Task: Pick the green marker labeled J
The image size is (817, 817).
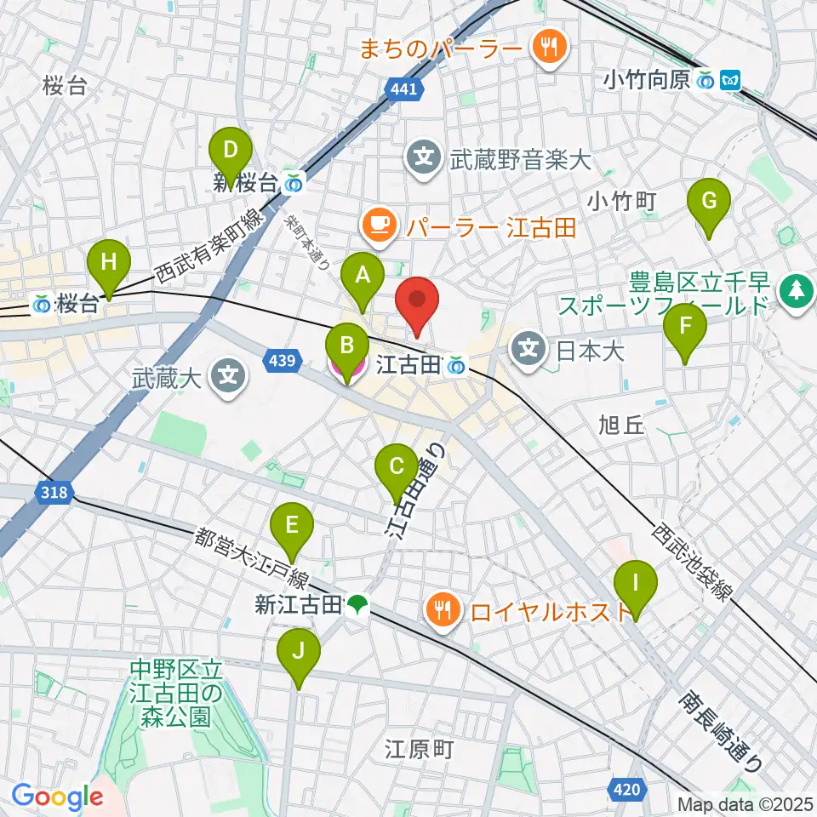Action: pyautogui.click(x=299, y=654)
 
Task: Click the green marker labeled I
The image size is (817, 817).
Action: pyautogui.click(x=637, y=586)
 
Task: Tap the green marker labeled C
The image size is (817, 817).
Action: pyautogui.click(x=397, y=468)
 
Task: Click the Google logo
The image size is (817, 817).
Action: pyautogui.click(x=58, y=797)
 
